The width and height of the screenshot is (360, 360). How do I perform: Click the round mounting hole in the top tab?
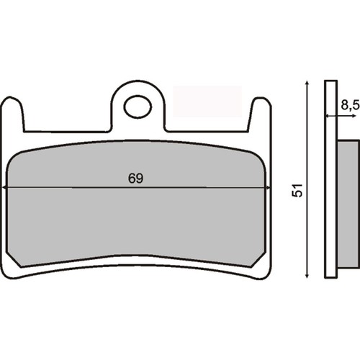(135, 107)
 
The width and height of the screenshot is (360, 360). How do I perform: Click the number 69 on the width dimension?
(135, 178)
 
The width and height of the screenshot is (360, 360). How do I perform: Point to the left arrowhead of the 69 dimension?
(7, 187)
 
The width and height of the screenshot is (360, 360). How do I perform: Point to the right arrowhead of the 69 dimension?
(267, 187)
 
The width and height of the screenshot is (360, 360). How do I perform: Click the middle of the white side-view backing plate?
(330, 180)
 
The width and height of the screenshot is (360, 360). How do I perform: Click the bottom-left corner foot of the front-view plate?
(12, 271)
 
